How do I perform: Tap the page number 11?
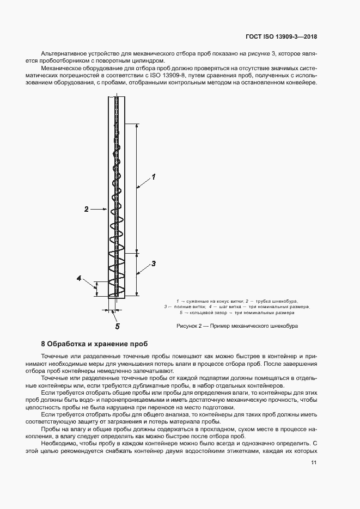tap(314, 463)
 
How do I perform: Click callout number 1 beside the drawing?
tap(154, 177)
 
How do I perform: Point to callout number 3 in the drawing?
tap(154, 263)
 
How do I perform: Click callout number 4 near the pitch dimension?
tap(79, 278)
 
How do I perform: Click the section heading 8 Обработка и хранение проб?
tap(94, 344)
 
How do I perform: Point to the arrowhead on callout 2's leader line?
tap(107, 208)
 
